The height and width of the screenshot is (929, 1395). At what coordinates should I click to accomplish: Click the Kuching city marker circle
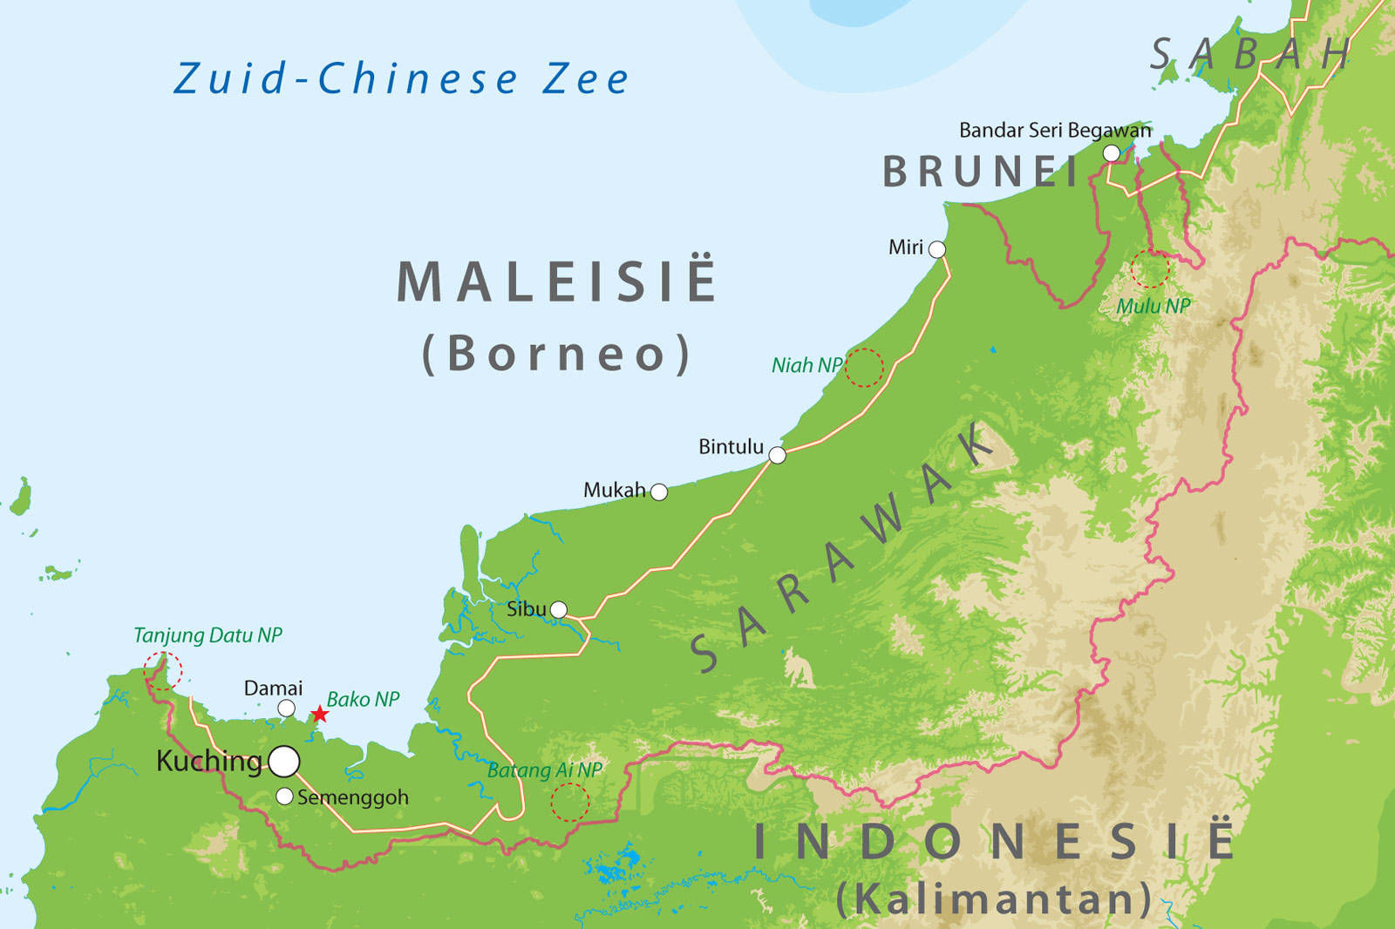pyautogui.click(x=284, y=761)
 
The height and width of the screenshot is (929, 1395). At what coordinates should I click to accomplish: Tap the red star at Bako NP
pyautogui.click(x=320, y=715)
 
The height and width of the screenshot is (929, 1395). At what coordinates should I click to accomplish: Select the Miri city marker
pyautogui.click(x=937, y=249)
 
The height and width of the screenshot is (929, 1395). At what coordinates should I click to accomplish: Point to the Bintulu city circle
pyautogui.click(x=777, y=455)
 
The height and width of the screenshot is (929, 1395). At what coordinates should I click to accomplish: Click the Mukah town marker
pyautogui.click(x=659, y=492)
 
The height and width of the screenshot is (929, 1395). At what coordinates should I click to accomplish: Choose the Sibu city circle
pyautogui.click(x=559, y=609)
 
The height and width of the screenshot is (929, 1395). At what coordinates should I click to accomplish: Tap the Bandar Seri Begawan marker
pyautogui.click(x=1112, y=153)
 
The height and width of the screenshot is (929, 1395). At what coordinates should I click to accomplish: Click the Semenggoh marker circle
pyautogui.click(x=284, y=796)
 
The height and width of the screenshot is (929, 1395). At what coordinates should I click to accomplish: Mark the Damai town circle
pyautogui.click(x=286, y=709)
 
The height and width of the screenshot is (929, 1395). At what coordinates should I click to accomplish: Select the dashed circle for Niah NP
pyautogui.click(x=864, y=368)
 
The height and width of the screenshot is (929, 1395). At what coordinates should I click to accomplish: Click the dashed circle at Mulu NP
pyautogui.click(x=1149, y=269)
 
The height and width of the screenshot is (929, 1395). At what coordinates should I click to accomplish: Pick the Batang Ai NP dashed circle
pyautogui.click(x=570, y=802)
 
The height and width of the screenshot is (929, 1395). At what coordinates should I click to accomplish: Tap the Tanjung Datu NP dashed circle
pyautogui.click(x=163, y=671)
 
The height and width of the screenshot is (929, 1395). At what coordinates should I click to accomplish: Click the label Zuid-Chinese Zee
pyautogui.click(x=401, y=79)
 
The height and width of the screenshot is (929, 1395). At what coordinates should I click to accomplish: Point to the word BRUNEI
pyautogui.click(x=981, y=172)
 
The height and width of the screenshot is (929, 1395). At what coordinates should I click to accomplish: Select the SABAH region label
pyautogui.click(x=1249, y=55)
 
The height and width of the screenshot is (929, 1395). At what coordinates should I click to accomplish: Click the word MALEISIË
pyautogui.click(x=556, y=281)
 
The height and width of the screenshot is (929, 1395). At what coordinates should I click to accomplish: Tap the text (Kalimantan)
pyautogui.click(x=994, y=898)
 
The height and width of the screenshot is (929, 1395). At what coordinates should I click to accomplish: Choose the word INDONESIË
pyautogui.click(x=994, y=842)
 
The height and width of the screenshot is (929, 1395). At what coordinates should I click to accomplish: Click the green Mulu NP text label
pyautogui.click(x=1153, y=306)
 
